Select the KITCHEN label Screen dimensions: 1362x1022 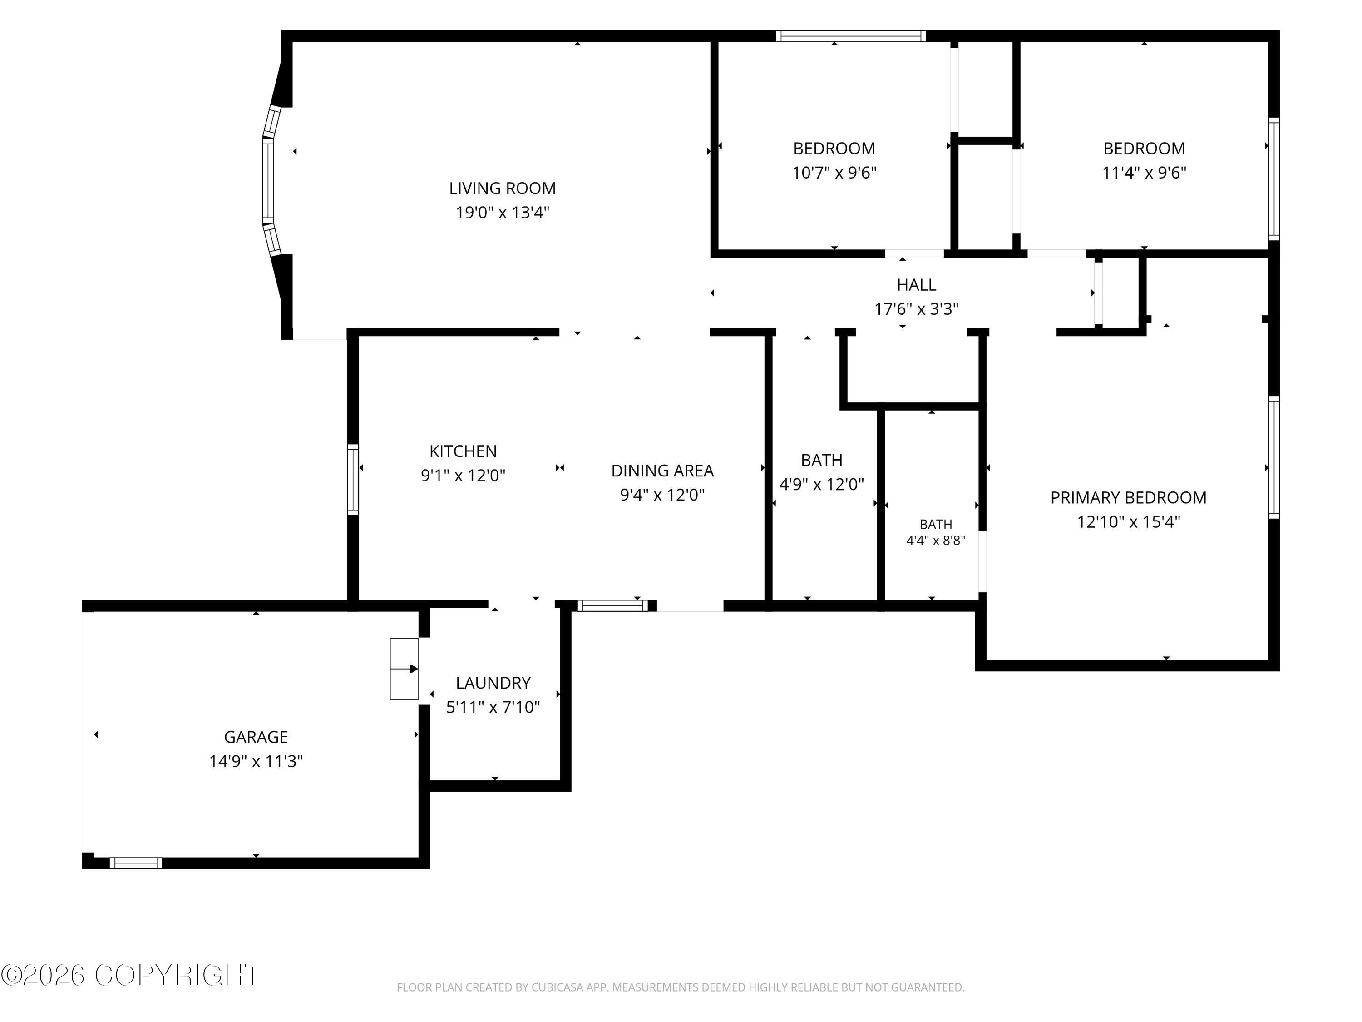(x=463, y=451)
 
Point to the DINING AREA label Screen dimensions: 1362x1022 (x=662, y=471)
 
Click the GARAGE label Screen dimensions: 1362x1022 (x=256, y=737)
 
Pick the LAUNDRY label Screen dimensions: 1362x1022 (x=493, y=683)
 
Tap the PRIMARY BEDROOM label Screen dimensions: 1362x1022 (x=1128, y=498)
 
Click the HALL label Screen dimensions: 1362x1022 (x=916, y=285)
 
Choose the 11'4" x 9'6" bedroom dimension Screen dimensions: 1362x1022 (x=1144, y=173)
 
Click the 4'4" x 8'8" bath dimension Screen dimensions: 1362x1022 (x=935, y=541)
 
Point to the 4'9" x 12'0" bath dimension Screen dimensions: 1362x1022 (x=821, y=485)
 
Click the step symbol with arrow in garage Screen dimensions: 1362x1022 (x=404, y=669)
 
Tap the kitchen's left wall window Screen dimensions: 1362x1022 (x=353, y=479)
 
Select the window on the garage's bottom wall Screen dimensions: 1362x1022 (x=136, y=863)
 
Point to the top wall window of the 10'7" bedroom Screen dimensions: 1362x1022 (x=850, y=36)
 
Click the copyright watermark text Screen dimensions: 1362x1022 (x=131, y=975)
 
